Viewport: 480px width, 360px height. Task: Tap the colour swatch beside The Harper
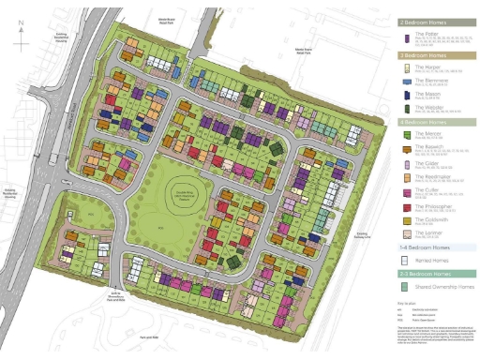click(x=406, y=68)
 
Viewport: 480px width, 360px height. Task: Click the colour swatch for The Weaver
click(x=406, y=109)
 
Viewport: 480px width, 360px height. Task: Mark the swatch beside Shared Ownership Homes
click(x=406, y=287)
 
